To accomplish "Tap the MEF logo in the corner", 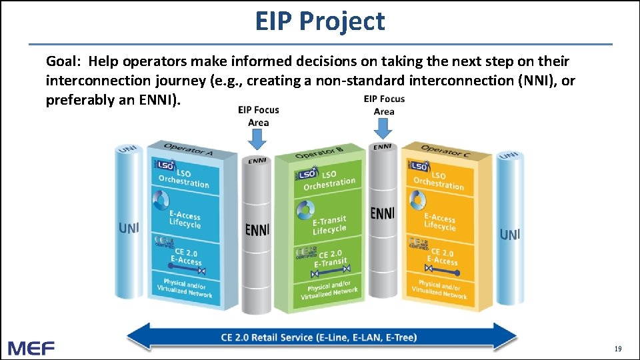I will point(31,347).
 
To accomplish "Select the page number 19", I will point(617,349).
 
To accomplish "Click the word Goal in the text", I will point(63,62).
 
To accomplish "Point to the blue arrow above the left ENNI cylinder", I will point(257,138).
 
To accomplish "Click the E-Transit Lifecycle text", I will point(329,225).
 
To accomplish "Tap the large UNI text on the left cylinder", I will point(129,228).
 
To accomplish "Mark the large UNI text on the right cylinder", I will point(510,234).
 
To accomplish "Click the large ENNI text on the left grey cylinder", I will point(257,230).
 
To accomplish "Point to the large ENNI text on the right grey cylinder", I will point(382,213).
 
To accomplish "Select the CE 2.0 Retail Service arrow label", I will point(319,337).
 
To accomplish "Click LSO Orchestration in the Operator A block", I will point(183,178).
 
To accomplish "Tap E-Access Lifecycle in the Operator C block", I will point(440,221).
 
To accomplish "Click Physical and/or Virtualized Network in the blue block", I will point(185,287).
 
